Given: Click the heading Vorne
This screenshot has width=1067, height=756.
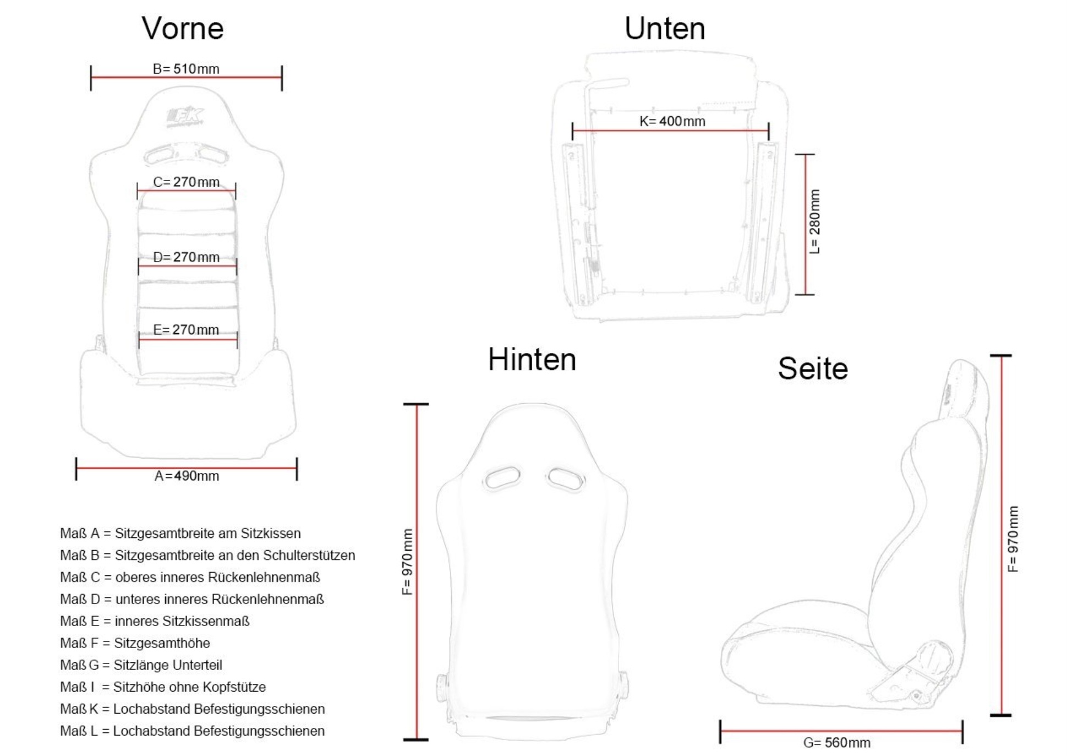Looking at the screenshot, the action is point(183,28).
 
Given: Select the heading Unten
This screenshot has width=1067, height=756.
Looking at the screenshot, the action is point(665,28).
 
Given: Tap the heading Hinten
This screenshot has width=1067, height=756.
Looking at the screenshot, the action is point(532,360).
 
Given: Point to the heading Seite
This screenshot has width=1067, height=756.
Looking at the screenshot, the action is point(813,368).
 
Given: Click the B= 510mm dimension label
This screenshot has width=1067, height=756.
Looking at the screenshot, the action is point(186,69).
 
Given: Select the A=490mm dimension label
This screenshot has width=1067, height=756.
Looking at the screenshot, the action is point(187,476).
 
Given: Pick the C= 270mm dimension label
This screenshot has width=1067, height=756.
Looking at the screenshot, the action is point(186,182).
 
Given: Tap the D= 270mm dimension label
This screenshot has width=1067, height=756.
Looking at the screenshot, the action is point(186,257).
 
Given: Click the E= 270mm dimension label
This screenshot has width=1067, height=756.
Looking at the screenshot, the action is point(186,330).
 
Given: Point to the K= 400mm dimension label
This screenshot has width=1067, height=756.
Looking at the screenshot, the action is point(672,121).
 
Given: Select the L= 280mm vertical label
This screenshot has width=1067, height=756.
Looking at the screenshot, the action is point(815,221).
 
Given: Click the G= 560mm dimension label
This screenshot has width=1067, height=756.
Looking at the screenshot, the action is point(837,743).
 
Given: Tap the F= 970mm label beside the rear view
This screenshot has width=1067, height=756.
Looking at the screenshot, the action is point(407,562).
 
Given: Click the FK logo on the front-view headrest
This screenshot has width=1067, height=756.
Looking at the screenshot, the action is point(185,117).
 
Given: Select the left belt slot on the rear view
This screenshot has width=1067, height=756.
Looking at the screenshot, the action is point(501,477).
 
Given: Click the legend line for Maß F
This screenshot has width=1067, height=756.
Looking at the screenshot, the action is point(135,643).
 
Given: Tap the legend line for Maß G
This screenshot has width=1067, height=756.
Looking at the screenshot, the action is point(141,665).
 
